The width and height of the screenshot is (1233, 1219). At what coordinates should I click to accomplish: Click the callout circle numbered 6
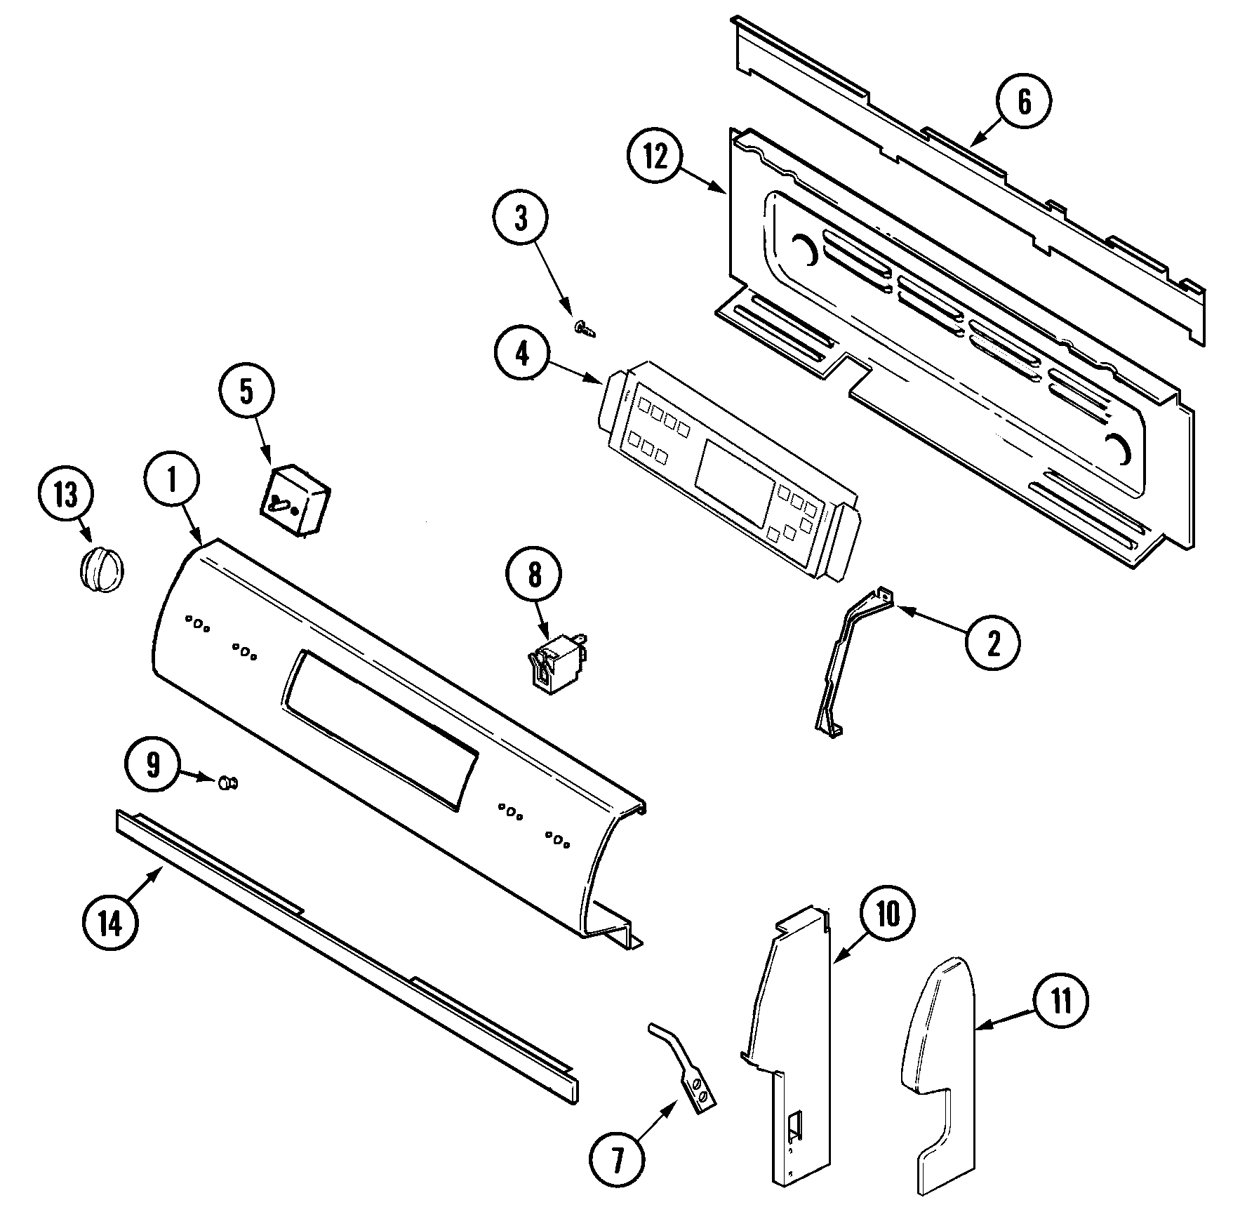(x=1024, y=102)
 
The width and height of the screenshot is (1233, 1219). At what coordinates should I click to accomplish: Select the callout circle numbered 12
(x=655, y=158)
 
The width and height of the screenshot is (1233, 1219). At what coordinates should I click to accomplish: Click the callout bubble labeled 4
(x=523, y=355)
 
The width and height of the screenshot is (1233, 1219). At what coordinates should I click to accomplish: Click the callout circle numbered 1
(x=172, y=479)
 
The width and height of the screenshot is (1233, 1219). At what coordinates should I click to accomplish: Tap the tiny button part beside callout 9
(x=229, y=782)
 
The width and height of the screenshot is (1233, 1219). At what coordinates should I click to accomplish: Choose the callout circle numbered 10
(x=888, y=914)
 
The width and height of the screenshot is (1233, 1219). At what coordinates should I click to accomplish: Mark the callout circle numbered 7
(x=617, y=1161)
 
